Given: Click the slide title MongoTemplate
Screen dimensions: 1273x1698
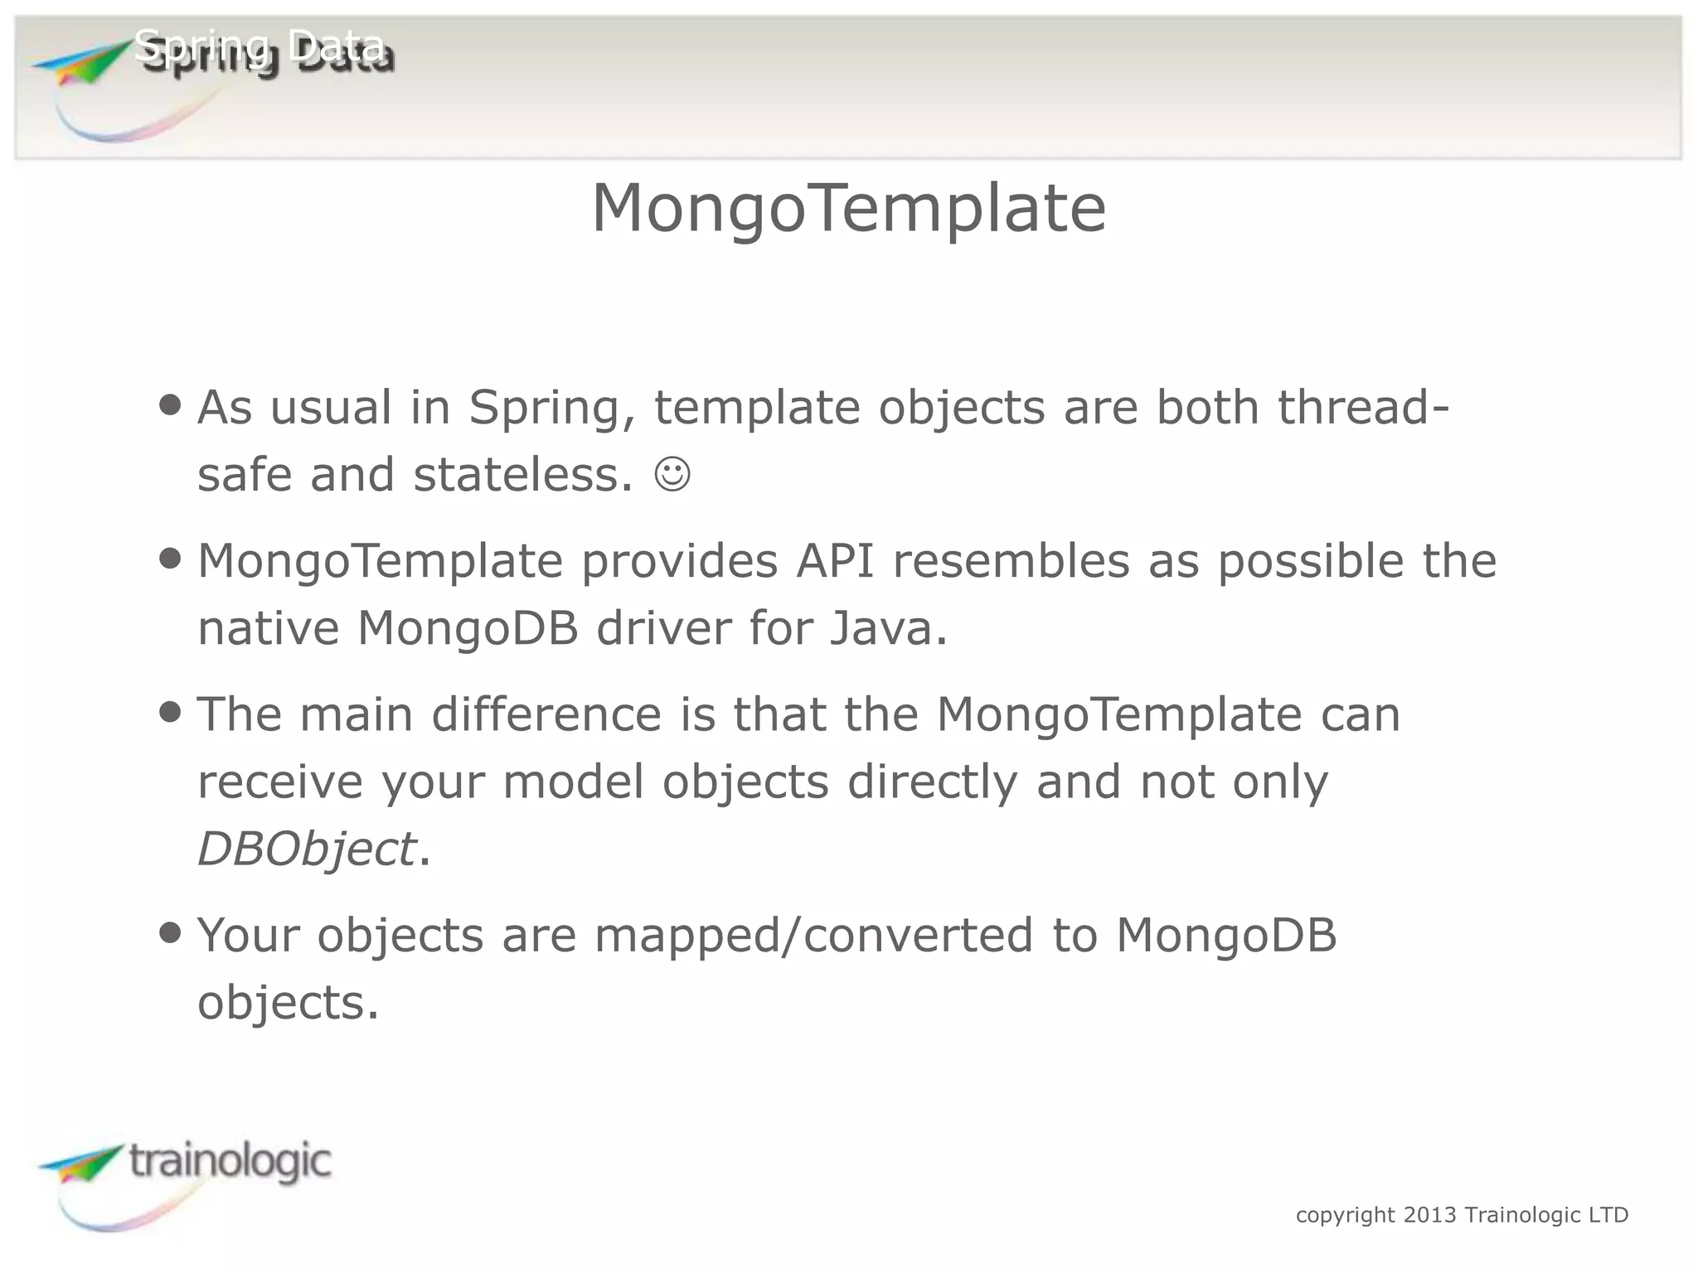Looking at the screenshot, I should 848,209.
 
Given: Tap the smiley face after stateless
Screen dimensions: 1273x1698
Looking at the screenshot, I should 672,474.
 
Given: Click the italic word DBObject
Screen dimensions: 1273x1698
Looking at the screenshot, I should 306,849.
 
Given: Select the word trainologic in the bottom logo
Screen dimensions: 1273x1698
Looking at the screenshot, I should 230,1160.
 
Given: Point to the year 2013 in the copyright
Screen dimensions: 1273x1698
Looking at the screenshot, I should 1429,1215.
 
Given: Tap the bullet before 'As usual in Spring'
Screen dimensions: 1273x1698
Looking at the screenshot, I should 170,406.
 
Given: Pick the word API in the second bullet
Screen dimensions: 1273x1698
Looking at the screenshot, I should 835,560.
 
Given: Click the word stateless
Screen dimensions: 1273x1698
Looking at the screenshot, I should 523,475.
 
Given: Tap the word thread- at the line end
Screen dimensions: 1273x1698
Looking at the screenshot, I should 1363,407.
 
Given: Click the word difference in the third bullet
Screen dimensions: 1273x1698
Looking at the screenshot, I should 546,714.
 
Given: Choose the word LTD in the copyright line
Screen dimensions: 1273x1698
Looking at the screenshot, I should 1608,1215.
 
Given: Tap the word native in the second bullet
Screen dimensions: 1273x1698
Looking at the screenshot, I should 269,627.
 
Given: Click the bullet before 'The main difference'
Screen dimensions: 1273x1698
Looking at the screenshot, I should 170,712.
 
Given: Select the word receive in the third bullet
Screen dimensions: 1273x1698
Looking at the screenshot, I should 280,782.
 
